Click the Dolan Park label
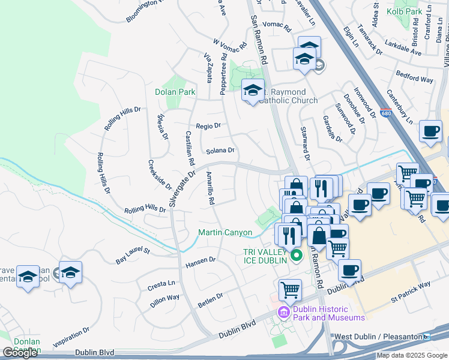click(x=175, y=92)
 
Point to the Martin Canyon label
click(x=225, y=232)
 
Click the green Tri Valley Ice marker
click(x=295, y=256)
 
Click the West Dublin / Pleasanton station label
click(x=378, y=337)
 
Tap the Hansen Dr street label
click(x=200, y=262)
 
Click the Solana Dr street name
click(x=220, y=151)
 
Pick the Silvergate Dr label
click(x=182, y=190)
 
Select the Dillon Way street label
click(x=164, y=301)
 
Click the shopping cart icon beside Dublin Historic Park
click(x=291, y=289)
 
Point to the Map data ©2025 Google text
click(x=412, y=355)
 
